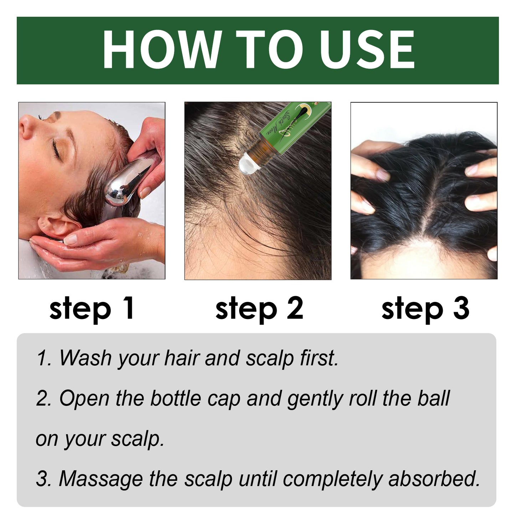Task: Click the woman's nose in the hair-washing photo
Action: (27, 127)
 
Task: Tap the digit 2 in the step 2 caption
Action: (295, 308)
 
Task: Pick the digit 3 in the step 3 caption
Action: (461, 308)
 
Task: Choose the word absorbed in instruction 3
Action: (434, 479)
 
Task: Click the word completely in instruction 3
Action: (333, 479)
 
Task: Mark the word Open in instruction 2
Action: (84, 398)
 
